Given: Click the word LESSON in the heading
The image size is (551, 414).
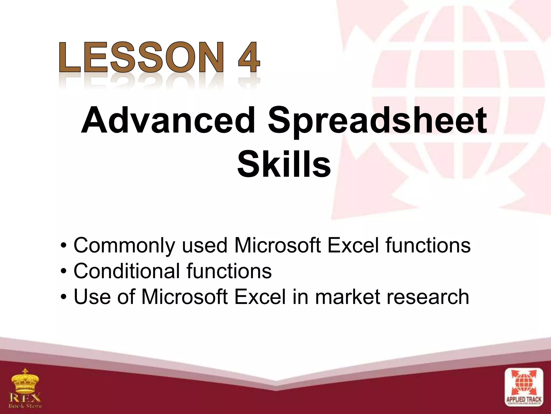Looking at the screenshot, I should (x=141, y=57).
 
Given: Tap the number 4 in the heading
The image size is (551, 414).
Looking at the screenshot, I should (x=249, y=57).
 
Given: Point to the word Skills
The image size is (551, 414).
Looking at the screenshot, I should (x=284, y=164).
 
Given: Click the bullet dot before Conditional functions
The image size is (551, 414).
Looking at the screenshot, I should (x=63, y=272).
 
